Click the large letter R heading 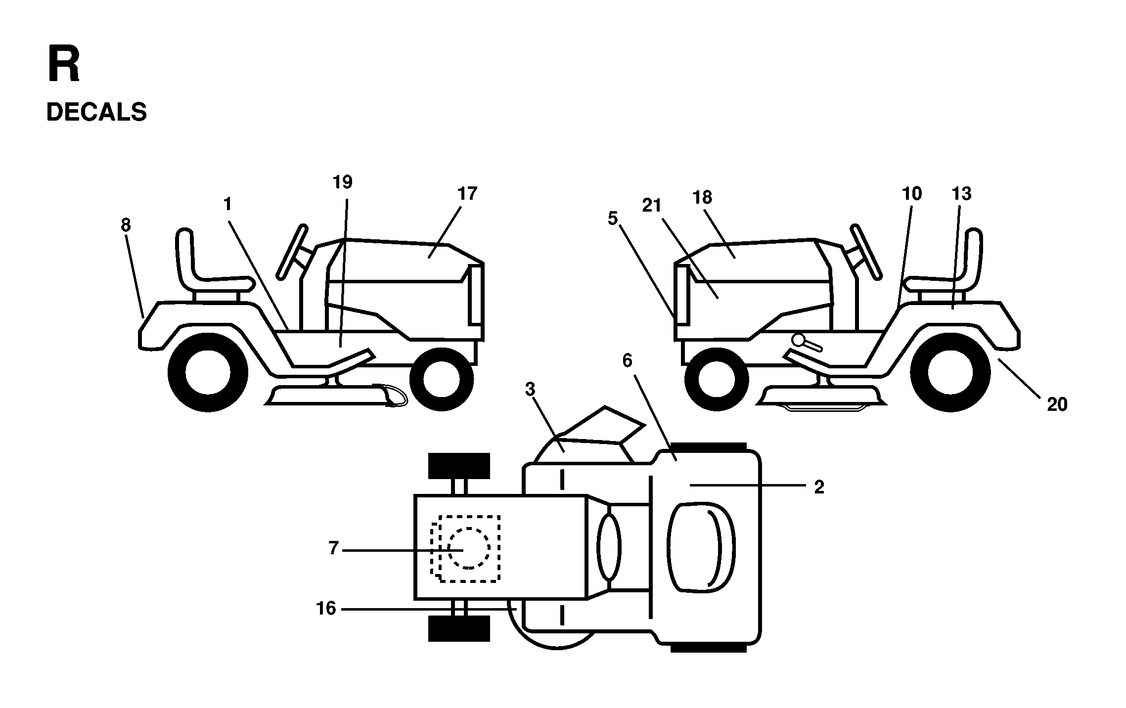(64, 64)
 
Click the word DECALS (96, 112)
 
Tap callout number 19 (343, 182)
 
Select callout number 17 (467, 193)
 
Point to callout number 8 (126, 225)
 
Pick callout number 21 (652, 205)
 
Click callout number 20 (1057, 404)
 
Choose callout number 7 (334, 548)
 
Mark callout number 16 (326, 609)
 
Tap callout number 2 (819, 487)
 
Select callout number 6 (627, 361)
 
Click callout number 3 (530, 390)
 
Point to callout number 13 (962, 193)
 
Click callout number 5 (613, 218)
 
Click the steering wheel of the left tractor (293, 252)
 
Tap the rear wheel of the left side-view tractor (208, 372)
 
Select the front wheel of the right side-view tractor (716, 379)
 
